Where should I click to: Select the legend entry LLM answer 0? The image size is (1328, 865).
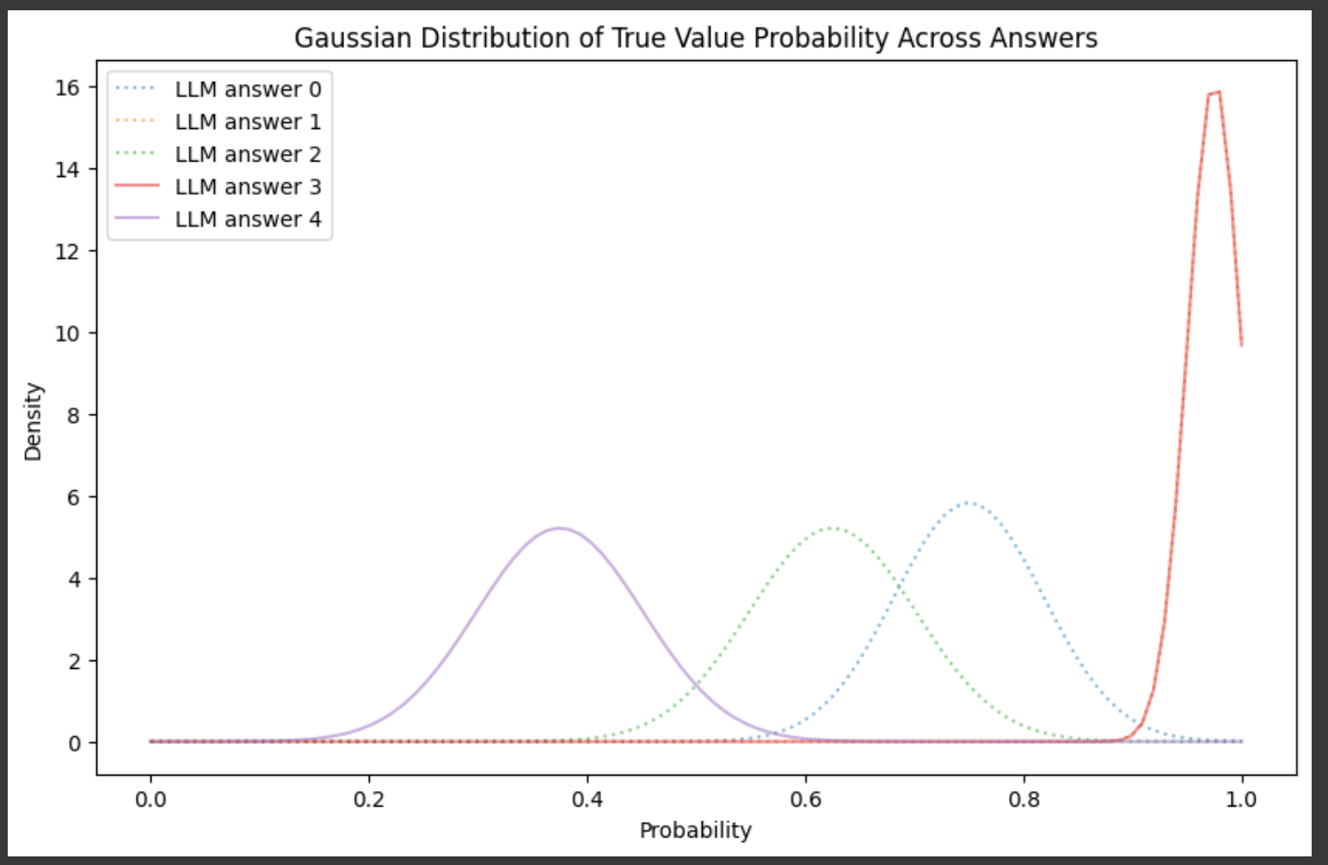[x=218, y=89]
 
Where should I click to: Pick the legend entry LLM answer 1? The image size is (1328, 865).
[x=218, y=121]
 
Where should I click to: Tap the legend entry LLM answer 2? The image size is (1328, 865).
[x=218, y=154]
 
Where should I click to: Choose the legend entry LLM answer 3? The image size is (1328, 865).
[x=218, y=187]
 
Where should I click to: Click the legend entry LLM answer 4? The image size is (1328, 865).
[x=218, y=219]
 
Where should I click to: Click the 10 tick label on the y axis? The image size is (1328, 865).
[x=68, y=334]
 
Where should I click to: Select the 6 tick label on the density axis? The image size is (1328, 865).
[x=73, y=498]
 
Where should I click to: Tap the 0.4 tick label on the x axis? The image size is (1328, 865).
[x=587, y=800]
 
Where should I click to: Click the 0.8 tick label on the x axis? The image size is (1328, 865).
[x=1024, y=800]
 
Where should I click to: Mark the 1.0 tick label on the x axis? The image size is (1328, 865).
[x=1241, y=800]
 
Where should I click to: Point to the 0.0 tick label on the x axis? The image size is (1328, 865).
[x=151, y=800]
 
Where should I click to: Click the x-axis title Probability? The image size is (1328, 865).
[x=696, y=831]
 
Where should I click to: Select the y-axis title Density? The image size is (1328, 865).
[x=34, y=421]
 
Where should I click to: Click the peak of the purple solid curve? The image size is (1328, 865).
[x=559, y=528]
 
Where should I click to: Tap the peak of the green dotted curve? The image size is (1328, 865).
[x=832, y=528]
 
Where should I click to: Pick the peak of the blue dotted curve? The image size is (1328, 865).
[x=968, y=503]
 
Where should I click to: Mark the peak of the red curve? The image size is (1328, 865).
[x=1219, y=92]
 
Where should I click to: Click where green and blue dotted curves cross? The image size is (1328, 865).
[x=900, y=586]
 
